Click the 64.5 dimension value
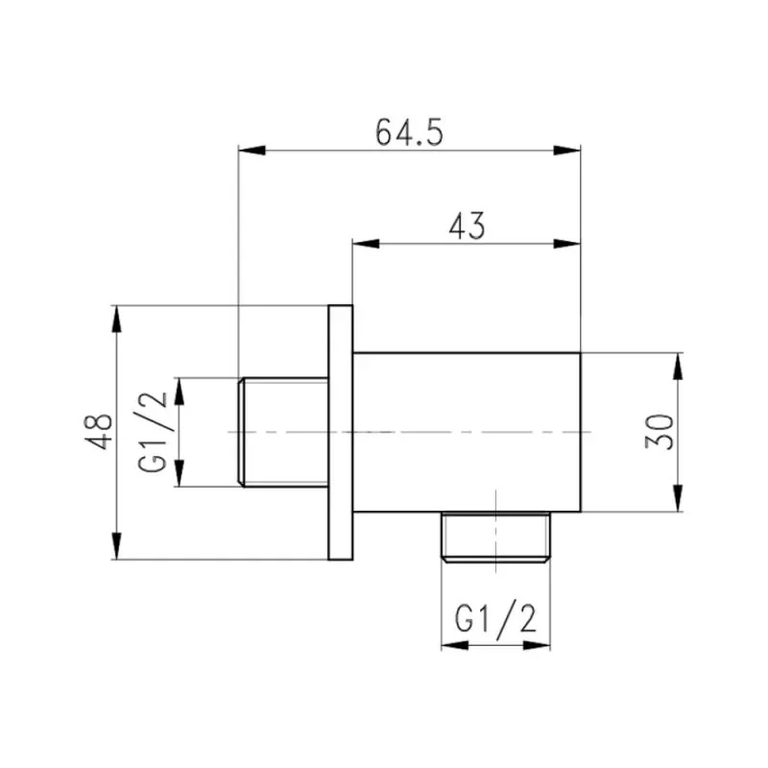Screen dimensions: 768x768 coord(409,132)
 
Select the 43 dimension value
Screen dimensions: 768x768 coord(467,227)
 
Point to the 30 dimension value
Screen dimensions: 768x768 coord(660,432)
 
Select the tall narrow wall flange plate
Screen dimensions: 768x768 coord(341,432)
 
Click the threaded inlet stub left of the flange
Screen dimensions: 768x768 coord(283,432)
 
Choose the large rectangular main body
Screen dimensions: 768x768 coord(467,432)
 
